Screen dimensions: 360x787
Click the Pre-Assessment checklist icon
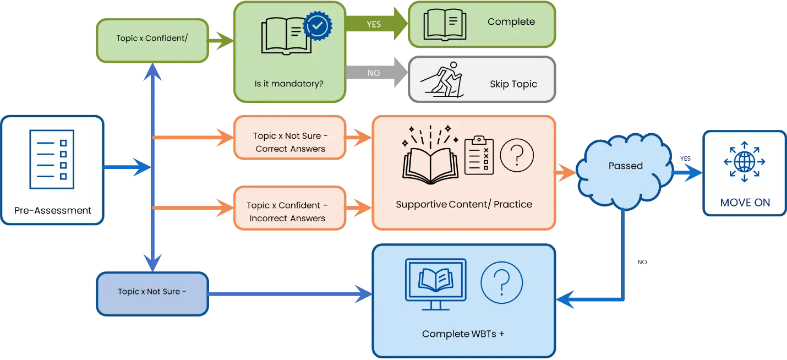click(x=51, y=155)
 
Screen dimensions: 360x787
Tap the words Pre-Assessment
click(x=53, y=210)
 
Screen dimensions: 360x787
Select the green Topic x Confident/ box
click(x=152, y=40)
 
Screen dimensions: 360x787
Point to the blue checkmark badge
click(x=318, y=25)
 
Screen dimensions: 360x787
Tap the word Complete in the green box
click(x=511, y=22)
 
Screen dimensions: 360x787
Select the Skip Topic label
click(x=513, y=84)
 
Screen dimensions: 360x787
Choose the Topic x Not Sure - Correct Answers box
click(x=290, y=142)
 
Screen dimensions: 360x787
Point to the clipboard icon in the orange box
click(x=479, y=156)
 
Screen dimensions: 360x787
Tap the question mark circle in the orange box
click(x=516, y=155)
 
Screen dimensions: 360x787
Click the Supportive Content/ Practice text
click(x=464, y=204)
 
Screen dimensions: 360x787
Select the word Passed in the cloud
click(x=625, y=166)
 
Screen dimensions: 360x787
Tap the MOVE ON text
click(x=745, y=203)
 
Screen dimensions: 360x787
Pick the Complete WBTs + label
click(x=463, y=334)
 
